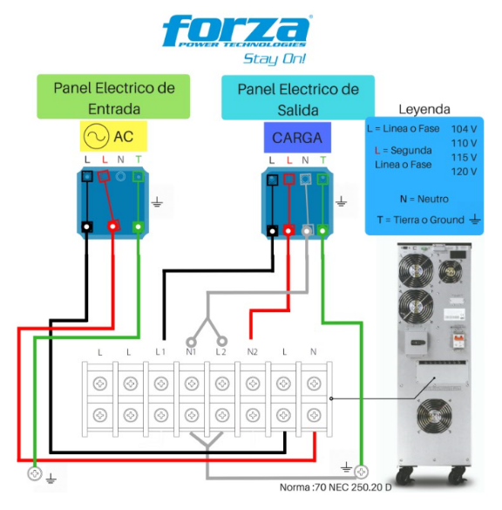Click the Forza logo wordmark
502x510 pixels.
click(x=237, y=31)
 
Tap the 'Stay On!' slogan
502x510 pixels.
click(x=275, y=59)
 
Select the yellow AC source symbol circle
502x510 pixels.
click(x=96, y=136)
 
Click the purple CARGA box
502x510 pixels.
click(x=297, y=138)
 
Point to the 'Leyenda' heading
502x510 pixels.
click(x=424, y=110)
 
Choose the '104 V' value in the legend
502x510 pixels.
click(x=464, y=129)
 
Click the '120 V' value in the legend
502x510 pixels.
click(x=464, y=172)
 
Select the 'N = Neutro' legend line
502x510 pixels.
click(x=424, y=199)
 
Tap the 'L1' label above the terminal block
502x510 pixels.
click(x=160, y=351)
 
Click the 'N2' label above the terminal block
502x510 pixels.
click(x=252, y=351)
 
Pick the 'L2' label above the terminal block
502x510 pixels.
click(x=220, y=351)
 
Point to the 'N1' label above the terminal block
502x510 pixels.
click(x=191, y=351)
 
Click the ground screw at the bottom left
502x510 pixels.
click(x=35, y=473)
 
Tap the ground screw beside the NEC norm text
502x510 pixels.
click(x=361, y=472)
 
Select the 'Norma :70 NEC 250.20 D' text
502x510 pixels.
click(x=336, y=487)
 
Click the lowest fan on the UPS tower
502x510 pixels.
click(x=434, y=417)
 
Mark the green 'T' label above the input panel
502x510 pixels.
click(x=139, y=160)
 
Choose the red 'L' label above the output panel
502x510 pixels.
click(x=289, y=160)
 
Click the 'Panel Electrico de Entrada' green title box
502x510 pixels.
click(x=113, y=97)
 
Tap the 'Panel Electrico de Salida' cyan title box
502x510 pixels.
click(x=298, y=98)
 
